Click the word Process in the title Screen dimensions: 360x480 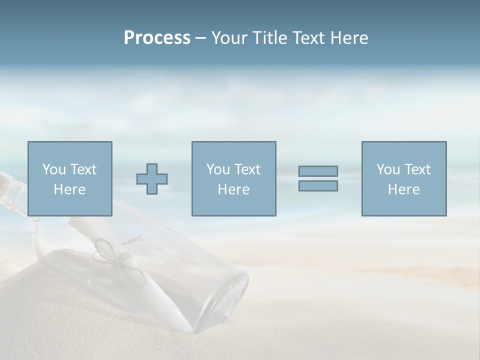pos(157,38)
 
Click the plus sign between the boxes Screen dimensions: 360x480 pos(152,178)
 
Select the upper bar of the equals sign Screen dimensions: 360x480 pos(318,171)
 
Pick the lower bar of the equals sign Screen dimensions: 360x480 pos(318,185)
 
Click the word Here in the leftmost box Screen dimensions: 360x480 pos(69,189)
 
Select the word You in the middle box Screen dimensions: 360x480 pos(218,169)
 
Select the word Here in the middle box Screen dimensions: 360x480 pos(233,189)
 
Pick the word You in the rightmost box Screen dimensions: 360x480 pos(388,169)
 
